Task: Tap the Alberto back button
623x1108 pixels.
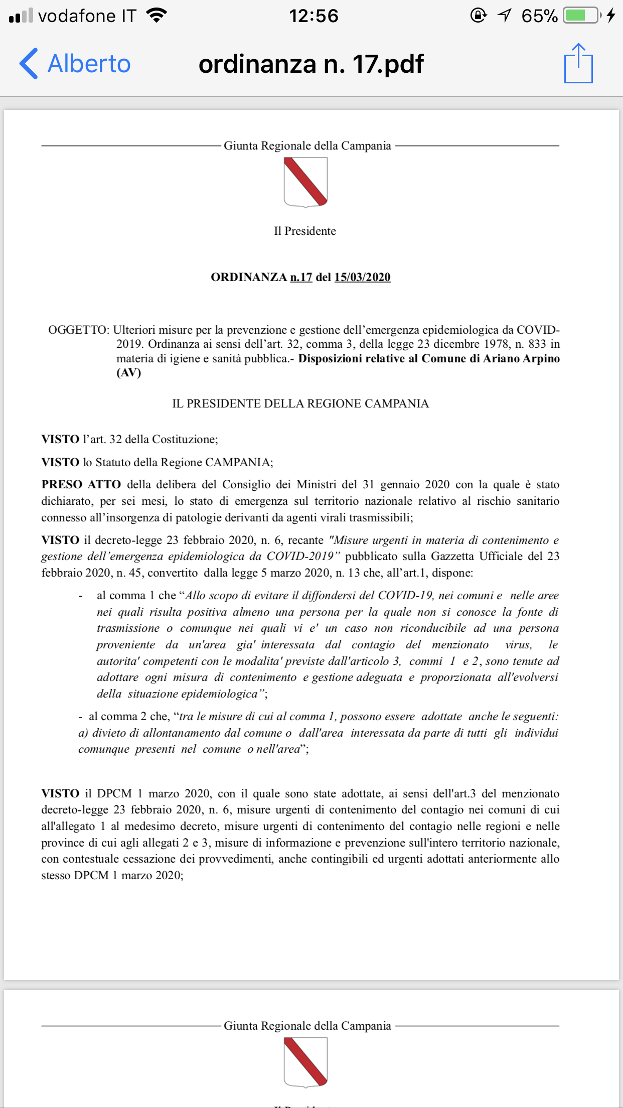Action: pyautogui.click(x=75, y=64)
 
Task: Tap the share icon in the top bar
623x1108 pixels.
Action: pyautogui.click(x=578, y=63)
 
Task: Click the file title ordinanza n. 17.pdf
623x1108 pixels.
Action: pyautogui.click(x=311, y=64)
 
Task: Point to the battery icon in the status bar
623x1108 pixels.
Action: pyautogui.click(x=581, y=16)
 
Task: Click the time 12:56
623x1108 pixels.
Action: pyautogui.click(x=314, y=16)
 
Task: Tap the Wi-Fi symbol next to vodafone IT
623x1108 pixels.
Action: pyautogui.click(x=157, y=16)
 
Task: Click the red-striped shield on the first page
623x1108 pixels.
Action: pyautogui.click(x=305, y=182)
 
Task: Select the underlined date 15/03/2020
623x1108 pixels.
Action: pyautogui.click(x=362, y=277)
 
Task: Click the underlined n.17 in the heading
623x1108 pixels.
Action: pyautogui.click(x=301, y=277)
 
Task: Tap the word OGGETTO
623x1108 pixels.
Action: pyautogui.click(x=78, y=330)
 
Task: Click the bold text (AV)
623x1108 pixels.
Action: pyautogui.click(x=129, y=372)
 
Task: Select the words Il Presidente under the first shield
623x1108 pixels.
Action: pyautogui.click(x=305, y=231)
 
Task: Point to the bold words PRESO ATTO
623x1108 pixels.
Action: pyautogui.click(x=81, y=484)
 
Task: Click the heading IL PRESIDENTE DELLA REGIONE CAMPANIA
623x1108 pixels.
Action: pyautogui.click(x=300, y=403)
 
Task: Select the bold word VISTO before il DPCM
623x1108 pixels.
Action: pyautogui.click(x=60, y=793)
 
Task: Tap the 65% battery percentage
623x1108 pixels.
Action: pyautogui.click(x=539, y=16)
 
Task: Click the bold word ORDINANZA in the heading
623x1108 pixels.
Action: pyautogui.click(x=249, y=277)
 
